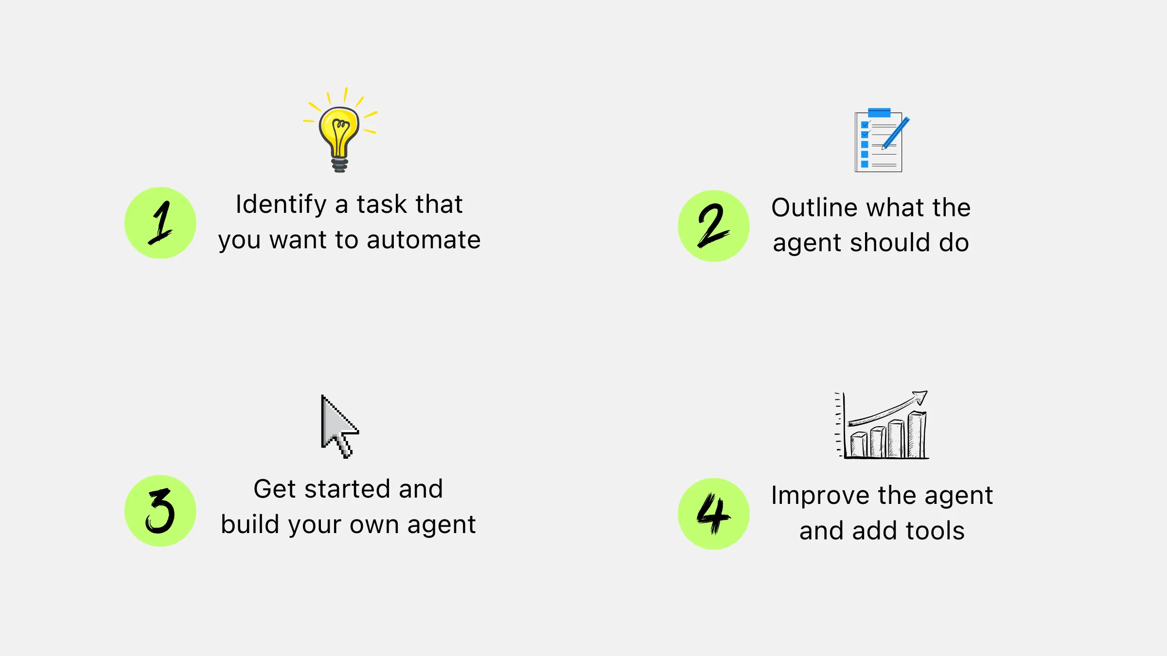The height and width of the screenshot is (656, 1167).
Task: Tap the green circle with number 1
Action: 160,223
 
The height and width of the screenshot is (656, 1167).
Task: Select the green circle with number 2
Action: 714,226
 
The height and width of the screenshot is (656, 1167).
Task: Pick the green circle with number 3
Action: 160,511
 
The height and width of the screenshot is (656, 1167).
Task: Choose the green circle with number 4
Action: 714,514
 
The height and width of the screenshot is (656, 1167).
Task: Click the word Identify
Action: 281,205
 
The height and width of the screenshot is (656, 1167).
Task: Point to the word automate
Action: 424,240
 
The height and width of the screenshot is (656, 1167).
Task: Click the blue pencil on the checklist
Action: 896,133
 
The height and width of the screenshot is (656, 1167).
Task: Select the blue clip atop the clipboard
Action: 879,113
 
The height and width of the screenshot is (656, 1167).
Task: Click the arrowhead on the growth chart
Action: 920,397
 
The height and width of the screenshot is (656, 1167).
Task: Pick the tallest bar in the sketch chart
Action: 917,434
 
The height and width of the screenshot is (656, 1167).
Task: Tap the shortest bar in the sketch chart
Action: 859,445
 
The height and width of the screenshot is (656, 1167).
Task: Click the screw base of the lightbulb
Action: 340,165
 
